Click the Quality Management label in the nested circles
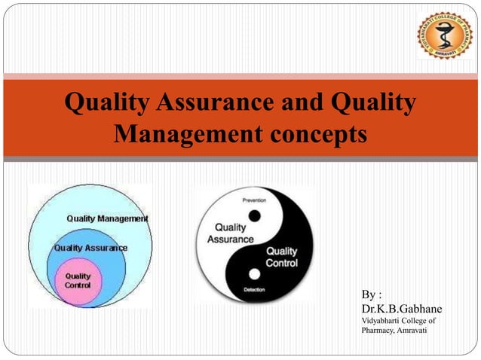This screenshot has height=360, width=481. point(107,218)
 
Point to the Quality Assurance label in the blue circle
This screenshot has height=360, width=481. point(90,247)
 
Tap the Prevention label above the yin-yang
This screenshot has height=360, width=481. point(253,200)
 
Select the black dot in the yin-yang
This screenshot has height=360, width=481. point(254,216)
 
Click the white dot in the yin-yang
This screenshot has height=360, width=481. point(254,273)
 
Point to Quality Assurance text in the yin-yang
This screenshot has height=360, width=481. point(235,233)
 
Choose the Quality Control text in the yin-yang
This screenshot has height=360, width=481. point(281,257)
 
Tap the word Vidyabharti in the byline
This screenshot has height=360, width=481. point(382,321)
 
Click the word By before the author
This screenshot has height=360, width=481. point(369,294)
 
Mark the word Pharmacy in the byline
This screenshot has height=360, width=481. point(378,331)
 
